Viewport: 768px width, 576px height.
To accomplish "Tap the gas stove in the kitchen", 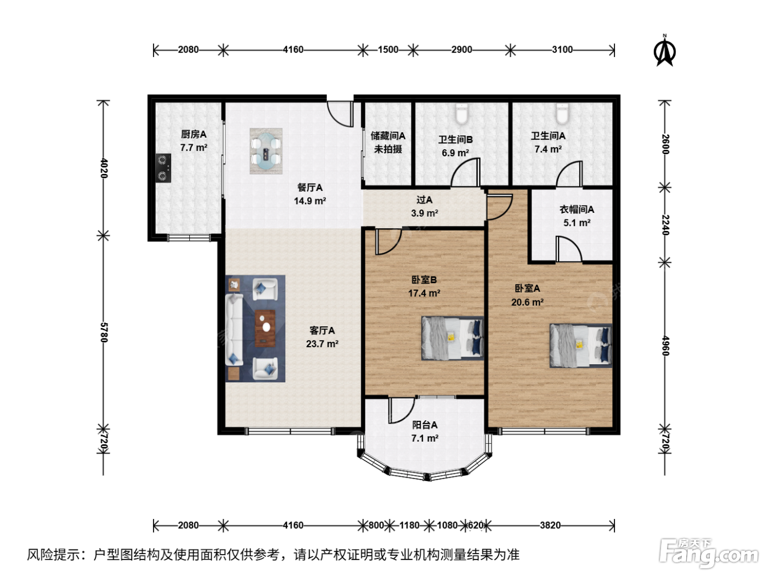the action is click(163, 168).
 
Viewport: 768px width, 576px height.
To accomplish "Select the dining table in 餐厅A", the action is click(266, 151).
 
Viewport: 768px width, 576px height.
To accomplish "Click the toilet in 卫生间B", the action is click(461, 114).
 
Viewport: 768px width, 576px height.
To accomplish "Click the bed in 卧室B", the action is click(453, 338).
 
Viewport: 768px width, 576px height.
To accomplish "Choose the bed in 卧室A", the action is click(581, 346).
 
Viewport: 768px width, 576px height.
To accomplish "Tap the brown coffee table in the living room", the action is click(265, 328).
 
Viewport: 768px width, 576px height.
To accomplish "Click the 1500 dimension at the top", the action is click(388, 50).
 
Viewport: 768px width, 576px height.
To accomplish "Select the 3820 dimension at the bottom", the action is click(550, 526).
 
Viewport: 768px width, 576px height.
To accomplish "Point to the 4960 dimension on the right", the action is click(665, 346).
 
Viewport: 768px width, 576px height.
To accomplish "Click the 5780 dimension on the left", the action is click(104, 332).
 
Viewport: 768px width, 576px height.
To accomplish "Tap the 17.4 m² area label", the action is click(424, 293).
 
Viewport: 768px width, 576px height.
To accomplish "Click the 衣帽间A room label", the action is click(577, 210).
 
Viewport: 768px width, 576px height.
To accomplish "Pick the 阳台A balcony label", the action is click(425, 425).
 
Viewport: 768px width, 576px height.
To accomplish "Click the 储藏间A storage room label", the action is click(388, 135).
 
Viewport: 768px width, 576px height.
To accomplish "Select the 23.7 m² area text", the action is click(322, 344).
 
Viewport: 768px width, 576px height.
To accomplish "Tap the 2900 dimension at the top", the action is click(461, 50).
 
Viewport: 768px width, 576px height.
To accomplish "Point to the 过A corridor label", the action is click(425, 200).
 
